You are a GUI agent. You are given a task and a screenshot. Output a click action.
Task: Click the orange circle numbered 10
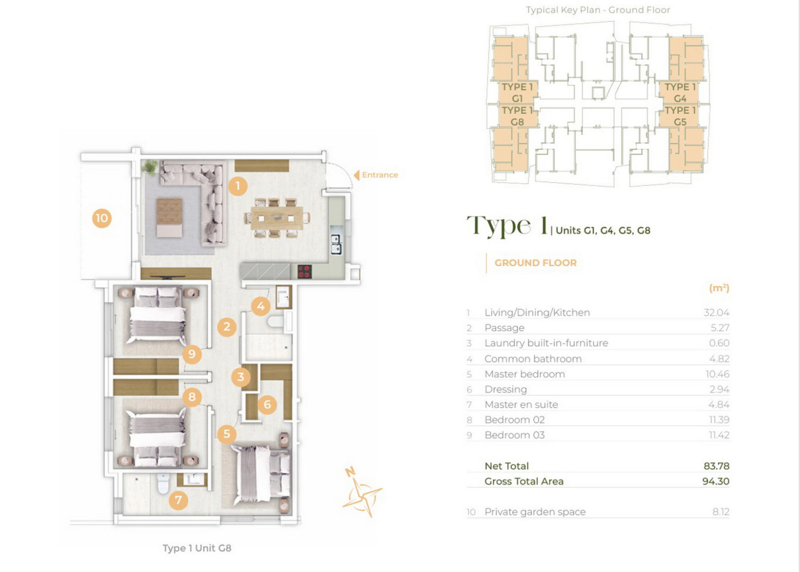pos(102,218)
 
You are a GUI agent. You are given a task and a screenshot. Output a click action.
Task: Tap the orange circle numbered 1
pos(238,186)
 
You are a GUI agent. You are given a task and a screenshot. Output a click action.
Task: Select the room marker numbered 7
pos(178,499)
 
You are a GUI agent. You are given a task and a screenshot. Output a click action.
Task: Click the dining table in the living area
pos(277,218)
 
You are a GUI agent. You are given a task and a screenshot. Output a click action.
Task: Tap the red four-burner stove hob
pos(304,271)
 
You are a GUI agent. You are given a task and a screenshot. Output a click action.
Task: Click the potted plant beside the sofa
pos(150,167)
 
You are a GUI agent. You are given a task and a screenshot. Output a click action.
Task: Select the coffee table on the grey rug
pos(169,218)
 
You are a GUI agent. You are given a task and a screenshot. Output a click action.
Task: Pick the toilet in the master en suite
pos(163,483)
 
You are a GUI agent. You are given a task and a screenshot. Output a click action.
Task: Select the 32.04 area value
pos(716,312)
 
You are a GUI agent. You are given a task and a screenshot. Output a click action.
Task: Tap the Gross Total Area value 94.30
pos(716,481)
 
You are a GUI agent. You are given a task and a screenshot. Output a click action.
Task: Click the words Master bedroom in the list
pos(525,374)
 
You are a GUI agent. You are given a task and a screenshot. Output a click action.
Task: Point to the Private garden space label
pos(535,512)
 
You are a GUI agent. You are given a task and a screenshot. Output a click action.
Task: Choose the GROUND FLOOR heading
pos(535,263)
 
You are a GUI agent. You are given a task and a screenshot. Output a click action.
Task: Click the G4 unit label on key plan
pos(680,99)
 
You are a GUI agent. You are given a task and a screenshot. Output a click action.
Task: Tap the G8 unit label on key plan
pos(517,122)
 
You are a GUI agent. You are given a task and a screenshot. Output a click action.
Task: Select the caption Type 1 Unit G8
pos(197,548)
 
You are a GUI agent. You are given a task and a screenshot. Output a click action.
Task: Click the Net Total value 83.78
pos(716,466)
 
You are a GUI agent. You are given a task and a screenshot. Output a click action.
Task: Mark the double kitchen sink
pos(336,244)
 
